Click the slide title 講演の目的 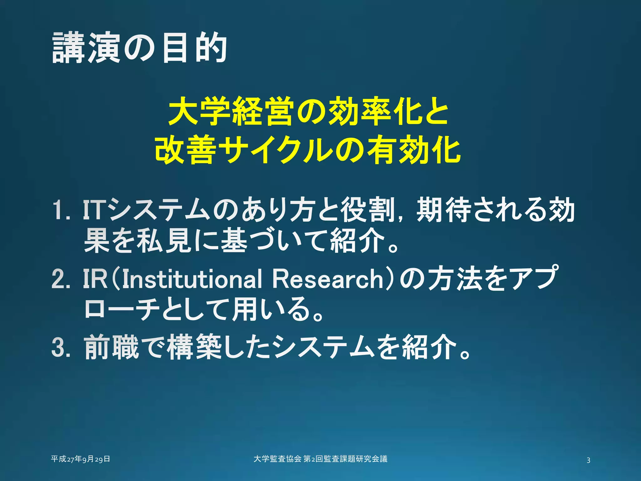pos(139,48)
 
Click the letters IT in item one pos(93,210)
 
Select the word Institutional pos(192,279)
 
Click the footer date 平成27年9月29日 pos(80,459)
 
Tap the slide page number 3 pos(588,460)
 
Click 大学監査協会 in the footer pos(277,459)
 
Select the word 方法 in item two pos(456,279)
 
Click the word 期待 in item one pos(444,210)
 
